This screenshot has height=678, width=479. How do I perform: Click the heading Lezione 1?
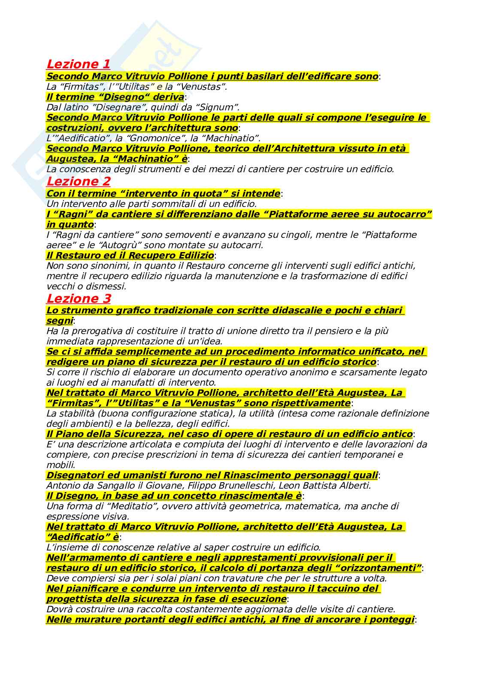pos(78,64)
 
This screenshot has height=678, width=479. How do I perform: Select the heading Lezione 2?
pos(78,181)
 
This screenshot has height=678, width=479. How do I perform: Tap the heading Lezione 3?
pos(78,298)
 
